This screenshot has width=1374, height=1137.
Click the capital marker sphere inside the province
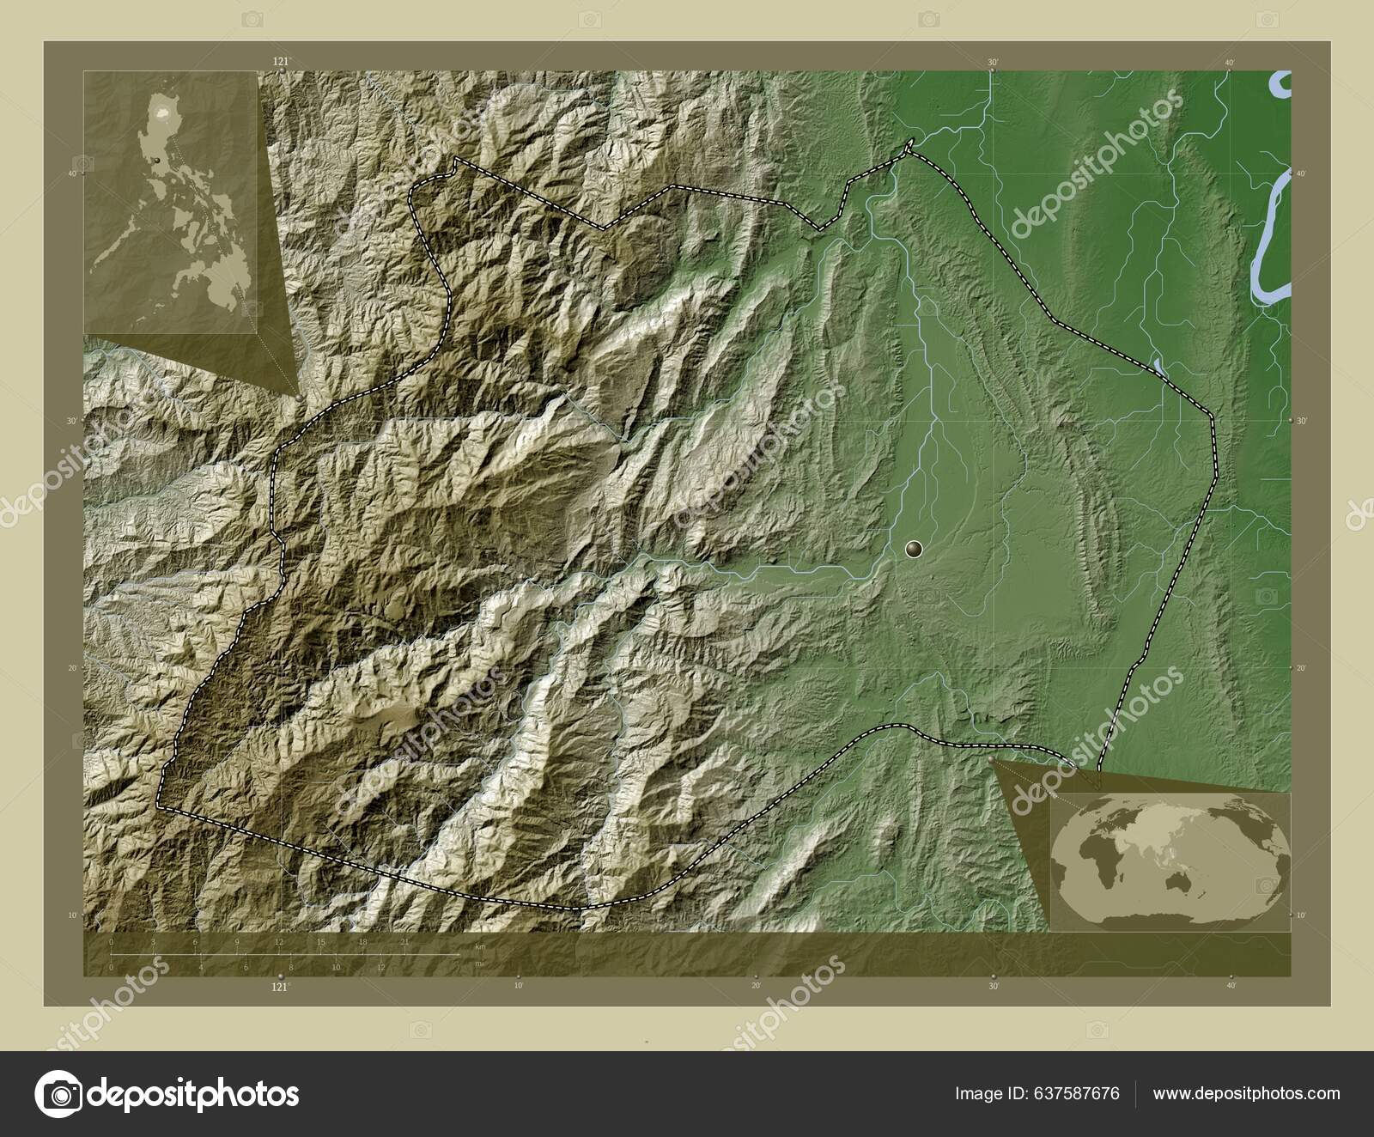pyautogui.click(x=914, y=547)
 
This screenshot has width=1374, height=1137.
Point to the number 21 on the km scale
pyautogui.click(x=404, y=942)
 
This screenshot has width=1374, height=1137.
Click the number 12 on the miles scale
pyautogui.click(x=380, y=967)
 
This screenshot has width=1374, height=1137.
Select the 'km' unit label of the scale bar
pyautogui.click(x=480, y=946)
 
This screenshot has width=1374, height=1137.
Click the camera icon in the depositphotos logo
pyautogui.click(x=59, y=1094)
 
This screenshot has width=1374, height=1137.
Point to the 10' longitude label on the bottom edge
pyautogui.click(x=518, y=987)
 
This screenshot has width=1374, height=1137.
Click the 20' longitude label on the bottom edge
pyautogui.click(x=756, y=987)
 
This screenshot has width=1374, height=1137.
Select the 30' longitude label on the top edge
pyautogui.click(x=992, y=62)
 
